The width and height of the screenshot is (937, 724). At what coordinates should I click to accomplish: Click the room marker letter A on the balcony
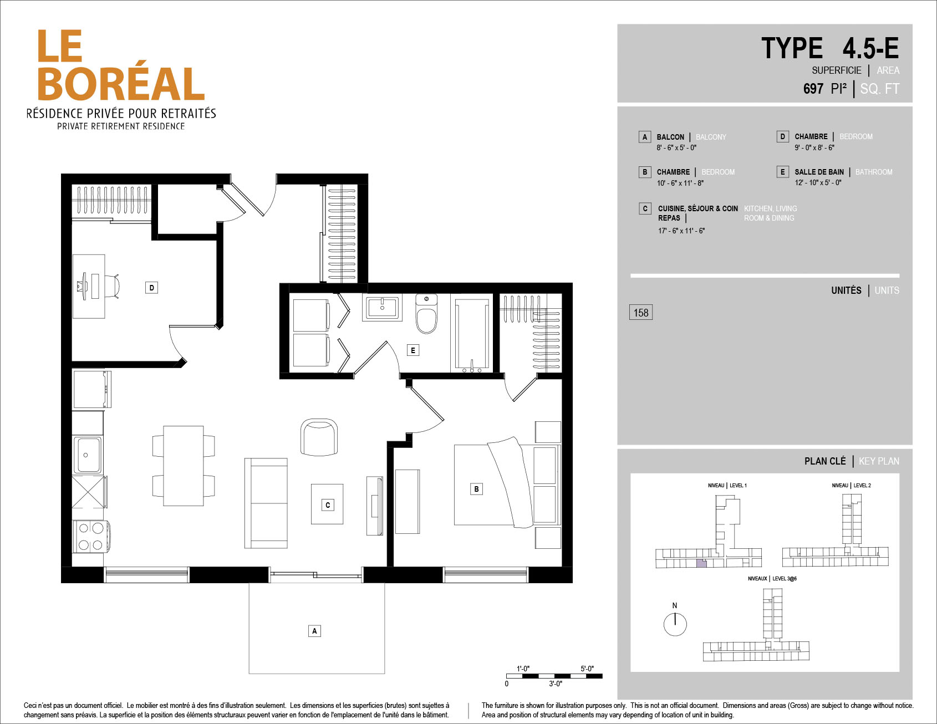coord(314,631)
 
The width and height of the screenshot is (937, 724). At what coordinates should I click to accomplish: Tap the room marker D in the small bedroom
coord(151,288)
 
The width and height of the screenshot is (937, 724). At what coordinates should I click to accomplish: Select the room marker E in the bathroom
coord(413,350)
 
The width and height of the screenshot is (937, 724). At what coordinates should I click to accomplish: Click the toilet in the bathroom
coord(426,314)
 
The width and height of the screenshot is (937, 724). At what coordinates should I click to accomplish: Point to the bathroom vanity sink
coord(382,307)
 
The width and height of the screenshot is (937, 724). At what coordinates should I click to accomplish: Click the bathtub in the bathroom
coord(472,335)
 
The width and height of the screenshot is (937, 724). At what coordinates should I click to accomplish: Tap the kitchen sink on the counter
coord(88,455)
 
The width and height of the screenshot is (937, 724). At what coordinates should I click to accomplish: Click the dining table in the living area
coord(184,466)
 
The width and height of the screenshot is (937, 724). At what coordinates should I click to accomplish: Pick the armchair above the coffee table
coord(319,437)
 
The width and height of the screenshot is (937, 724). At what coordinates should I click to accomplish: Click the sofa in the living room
coord(266,503)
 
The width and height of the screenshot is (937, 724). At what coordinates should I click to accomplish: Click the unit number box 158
coord(641,313)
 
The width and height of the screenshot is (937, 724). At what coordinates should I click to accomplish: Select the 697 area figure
coord(813,89)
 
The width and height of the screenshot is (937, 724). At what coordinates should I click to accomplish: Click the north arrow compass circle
coord(675,624)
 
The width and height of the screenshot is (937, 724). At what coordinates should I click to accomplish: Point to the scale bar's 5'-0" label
coord(587,669)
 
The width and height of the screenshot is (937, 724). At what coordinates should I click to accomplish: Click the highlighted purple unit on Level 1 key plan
coord(702,564)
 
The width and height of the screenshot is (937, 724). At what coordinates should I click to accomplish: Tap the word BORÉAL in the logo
coord(121,83)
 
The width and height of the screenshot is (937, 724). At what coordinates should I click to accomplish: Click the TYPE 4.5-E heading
coord(830,48)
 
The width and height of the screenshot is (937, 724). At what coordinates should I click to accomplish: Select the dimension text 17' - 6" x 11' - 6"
coord(681,231)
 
